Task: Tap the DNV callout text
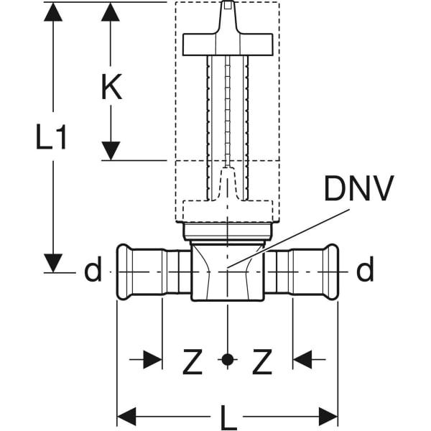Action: [x=358, y=190]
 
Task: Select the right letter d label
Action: [x=365, y=272]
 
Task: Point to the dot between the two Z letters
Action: [x=227, y=359]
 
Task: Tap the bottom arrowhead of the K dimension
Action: [x=110, y=151]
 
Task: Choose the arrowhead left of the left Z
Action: [x=152, y=359]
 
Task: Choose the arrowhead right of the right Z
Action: [x=302, y=359]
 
